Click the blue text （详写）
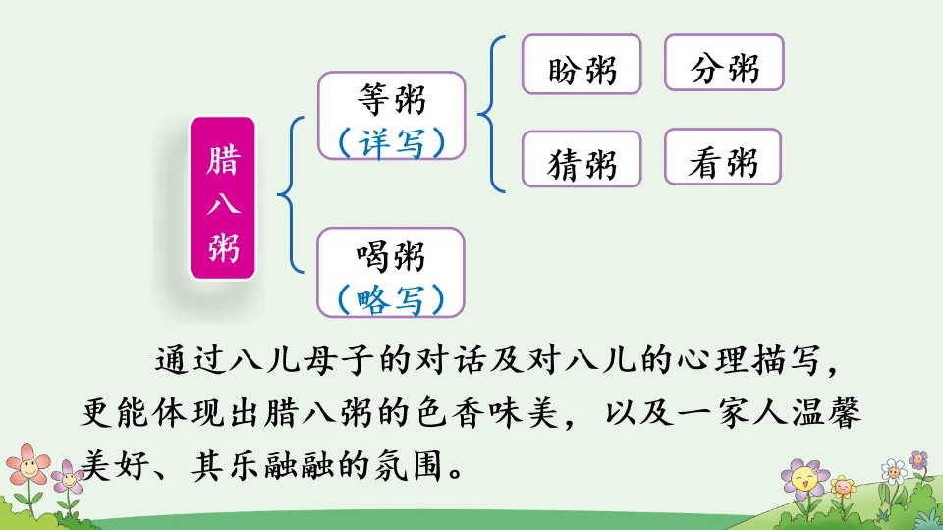point(391,143)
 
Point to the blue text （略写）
point(391,298)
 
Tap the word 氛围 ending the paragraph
point(408,465)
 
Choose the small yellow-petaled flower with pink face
point(843,485)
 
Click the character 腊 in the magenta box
point(223,159)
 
